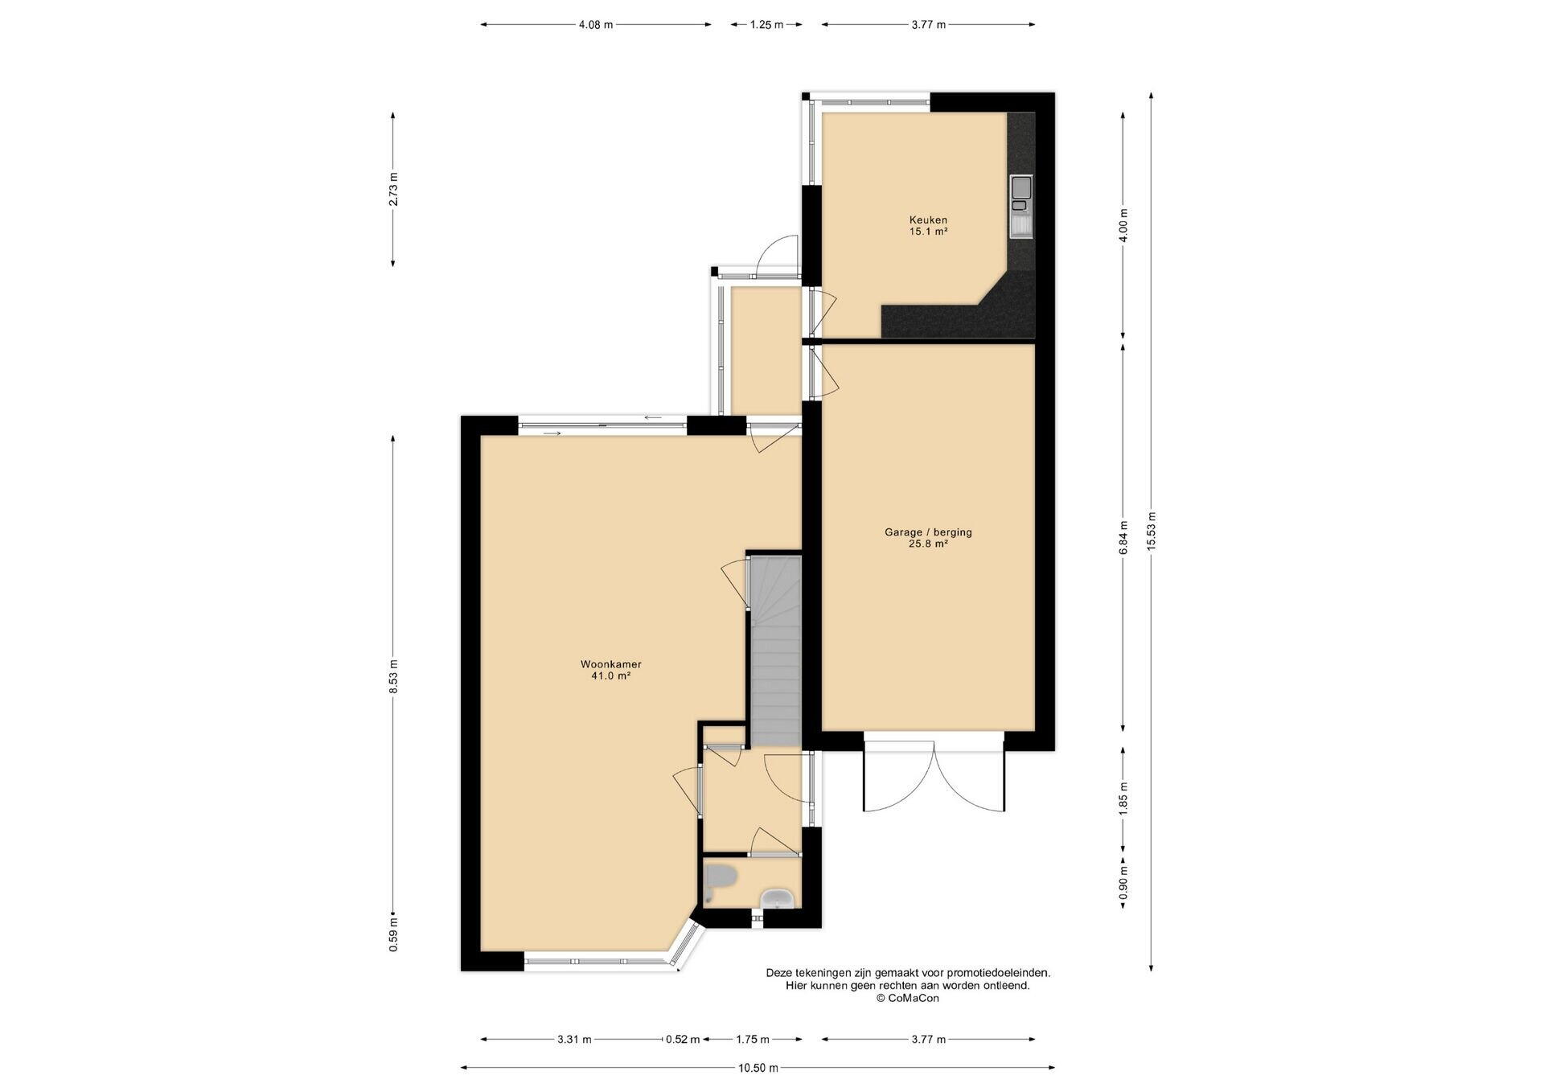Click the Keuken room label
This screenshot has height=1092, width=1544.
(928, 220)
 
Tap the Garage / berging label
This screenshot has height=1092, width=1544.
(928, 532)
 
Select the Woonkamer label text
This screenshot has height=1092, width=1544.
(611, 664)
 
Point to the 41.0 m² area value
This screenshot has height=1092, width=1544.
(611, 676)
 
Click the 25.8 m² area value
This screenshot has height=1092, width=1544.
(928, 544)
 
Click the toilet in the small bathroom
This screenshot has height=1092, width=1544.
(720, 881)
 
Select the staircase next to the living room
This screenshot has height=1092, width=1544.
(775, 651)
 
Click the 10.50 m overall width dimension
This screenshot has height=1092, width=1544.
(758, 1068)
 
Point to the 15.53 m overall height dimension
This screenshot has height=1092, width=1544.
(1152, 532)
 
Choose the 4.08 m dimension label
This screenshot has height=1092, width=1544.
(596, 25)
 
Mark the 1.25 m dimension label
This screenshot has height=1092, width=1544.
(766, 25)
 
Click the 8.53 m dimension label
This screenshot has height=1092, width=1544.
(393, 676)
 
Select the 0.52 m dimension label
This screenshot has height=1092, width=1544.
(683, 1039)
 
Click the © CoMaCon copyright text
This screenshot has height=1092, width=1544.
(908, 998)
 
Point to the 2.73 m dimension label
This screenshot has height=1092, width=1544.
(393, 189)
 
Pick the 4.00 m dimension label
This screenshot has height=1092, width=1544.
(1123, 225)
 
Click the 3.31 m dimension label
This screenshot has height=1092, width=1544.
(574, 1039)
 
